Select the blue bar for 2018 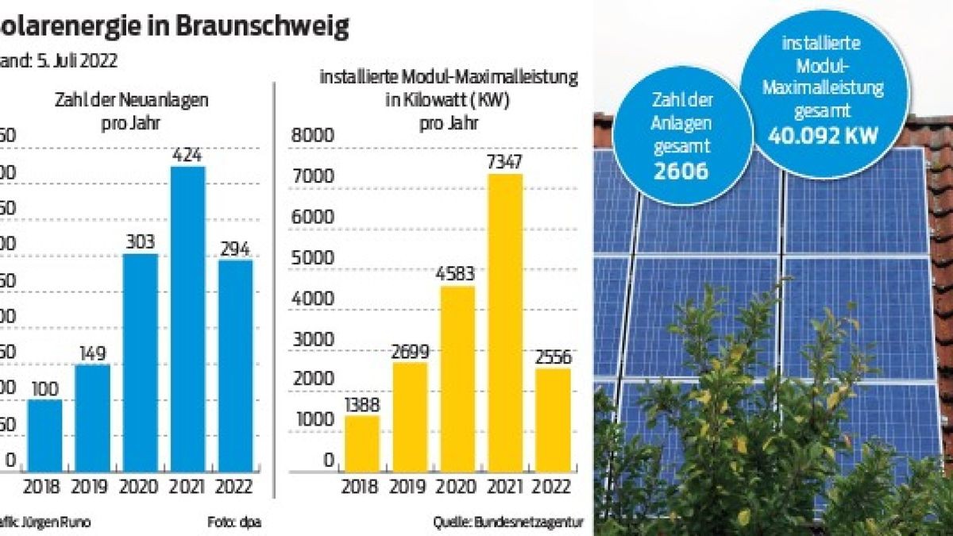44,435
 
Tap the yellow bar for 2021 505,322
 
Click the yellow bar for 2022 552,420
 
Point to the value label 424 187,154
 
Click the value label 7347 505,162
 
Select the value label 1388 362,404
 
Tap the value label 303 140,242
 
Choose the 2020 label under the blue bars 140,487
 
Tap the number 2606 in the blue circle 680,170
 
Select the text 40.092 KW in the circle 823,136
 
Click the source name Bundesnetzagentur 529,522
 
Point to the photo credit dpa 251,522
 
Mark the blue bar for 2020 140,363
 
